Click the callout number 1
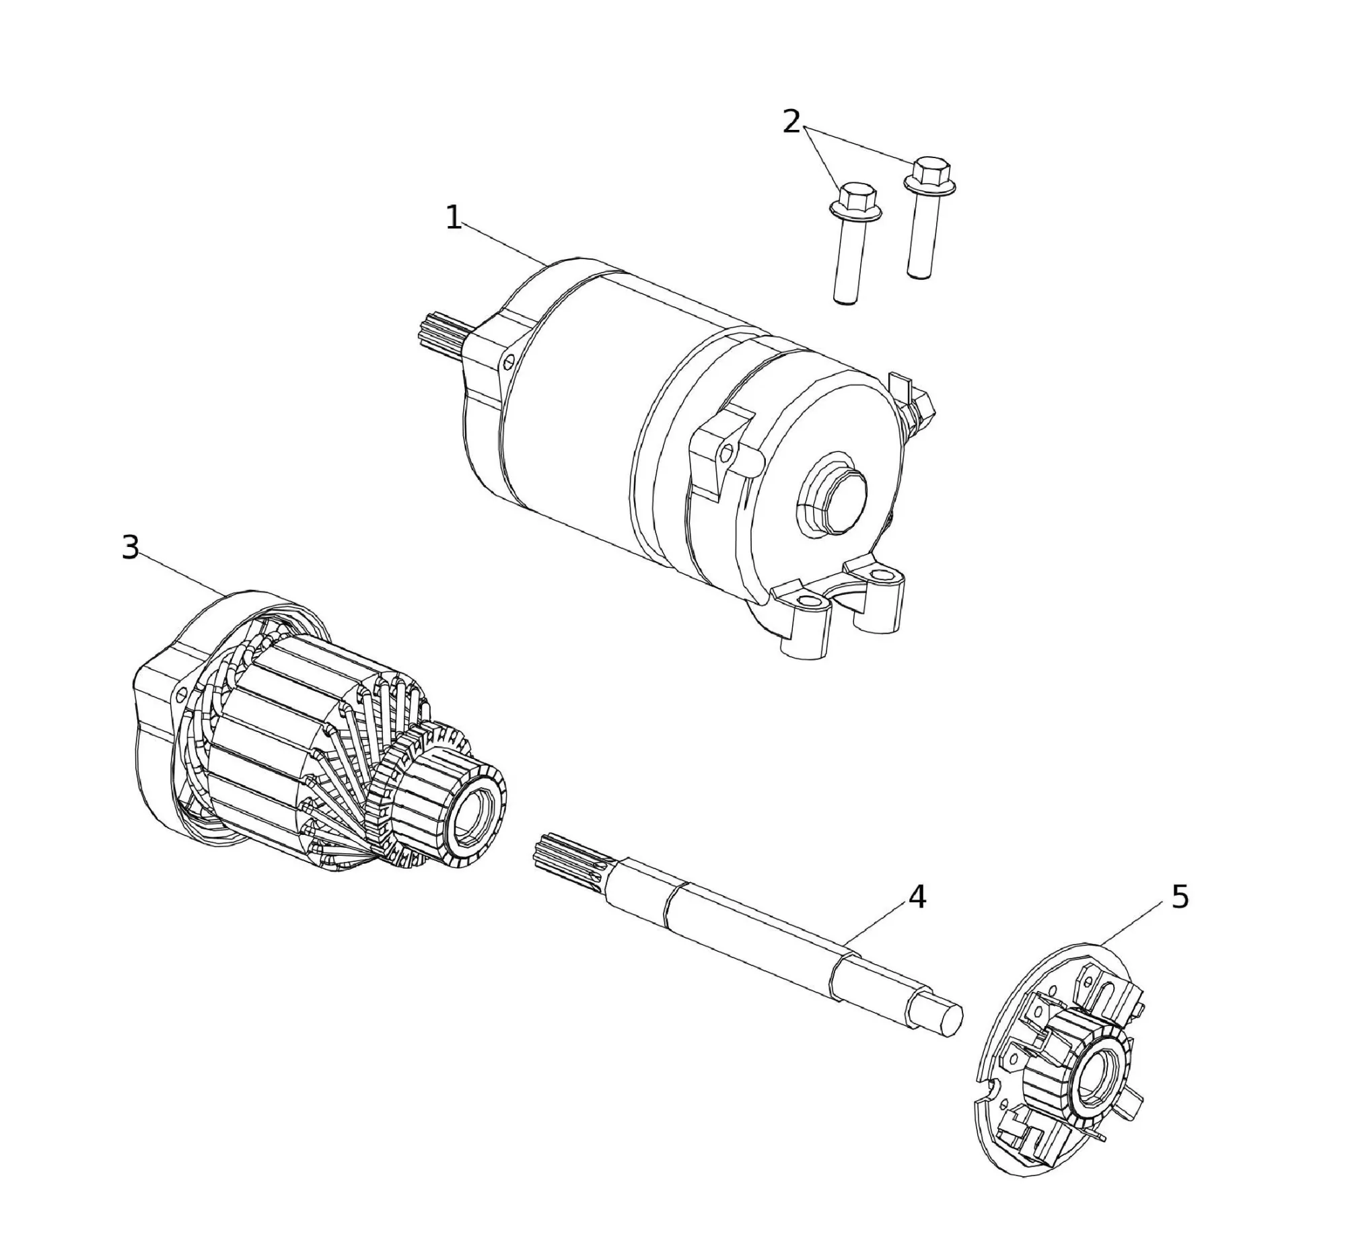point(454,218)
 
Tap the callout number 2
point(791,122)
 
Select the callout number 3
point(131,547)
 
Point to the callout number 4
point(917,897)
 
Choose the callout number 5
point(1180,897)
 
